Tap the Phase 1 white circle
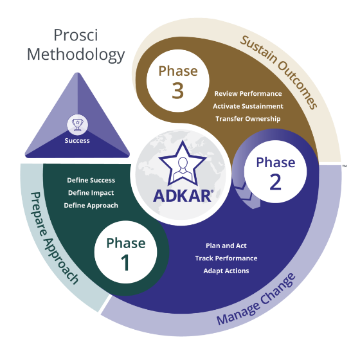[126, 253]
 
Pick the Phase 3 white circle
[178, 80]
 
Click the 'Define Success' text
[91, 180]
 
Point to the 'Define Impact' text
[91, 193]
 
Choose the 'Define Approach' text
[91, 206]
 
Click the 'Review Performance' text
[248, 94]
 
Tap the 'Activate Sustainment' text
[248, 106]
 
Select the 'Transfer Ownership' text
[248, 119]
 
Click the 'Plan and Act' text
[226, 246]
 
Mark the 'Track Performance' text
[226, 258]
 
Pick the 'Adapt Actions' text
[226, 271]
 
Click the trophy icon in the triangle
[76, 123]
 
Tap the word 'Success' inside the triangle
[77, 140]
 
